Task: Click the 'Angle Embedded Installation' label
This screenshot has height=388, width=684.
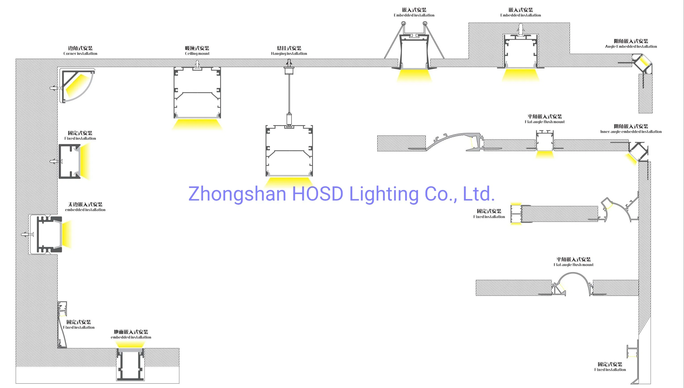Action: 631,46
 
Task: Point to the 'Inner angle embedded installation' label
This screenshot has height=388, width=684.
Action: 631,132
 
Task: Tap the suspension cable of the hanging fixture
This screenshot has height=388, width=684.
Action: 289,93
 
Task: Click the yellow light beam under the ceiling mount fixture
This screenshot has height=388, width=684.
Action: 197,124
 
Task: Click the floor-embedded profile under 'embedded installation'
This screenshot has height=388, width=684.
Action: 130,365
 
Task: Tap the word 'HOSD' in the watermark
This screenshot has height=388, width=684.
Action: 317,194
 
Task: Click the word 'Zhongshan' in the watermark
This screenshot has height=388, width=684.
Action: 237,194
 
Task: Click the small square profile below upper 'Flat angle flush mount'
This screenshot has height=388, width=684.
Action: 544,141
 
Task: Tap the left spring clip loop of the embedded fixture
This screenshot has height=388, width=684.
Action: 403,24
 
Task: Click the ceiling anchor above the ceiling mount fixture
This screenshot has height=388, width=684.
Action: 197,64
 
